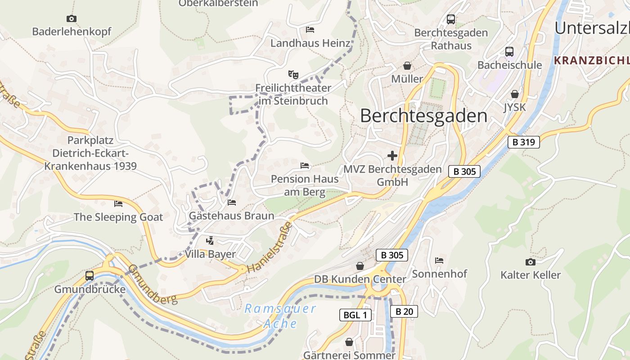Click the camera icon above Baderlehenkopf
pyautogui.click(x=71, y=18)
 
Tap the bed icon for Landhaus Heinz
pyautogui.click(x=310, y=30)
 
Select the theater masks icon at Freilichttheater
pyautogui.click(x=293, y=74)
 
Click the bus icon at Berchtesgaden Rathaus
pyautogui.click(x=451, y=19)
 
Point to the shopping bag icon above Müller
pyautogui.click(x=407, y=66)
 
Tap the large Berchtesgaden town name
pyautogui.click(x=423, y=116)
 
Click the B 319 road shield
pyautogui.click(x=523, y=142)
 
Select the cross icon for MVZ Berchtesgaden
pyautogui.click(x=392, y=156)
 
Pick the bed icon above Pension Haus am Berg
pyautogui.click(x=305, y=166)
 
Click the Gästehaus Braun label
pyautogui.click(x=231, y=216)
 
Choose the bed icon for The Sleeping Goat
pyautogui.click(x=118, y=204)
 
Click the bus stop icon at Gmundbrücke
pyautogui.click(x=90, y=275)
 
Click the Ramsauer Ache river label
pyautogui.click(x=280, y=316)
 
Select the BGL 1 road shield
pyautogui.click(x=355, y=315)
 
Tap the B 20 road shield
pyautogui.click(x=404, y=311)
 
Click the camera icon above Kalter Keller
pyautogui.click(x=531, y=261)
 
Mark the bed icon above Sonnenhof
pyautogui.click(x=439, y=260)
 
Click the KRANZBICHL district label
pyautogui.click(x=591, y=60)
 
